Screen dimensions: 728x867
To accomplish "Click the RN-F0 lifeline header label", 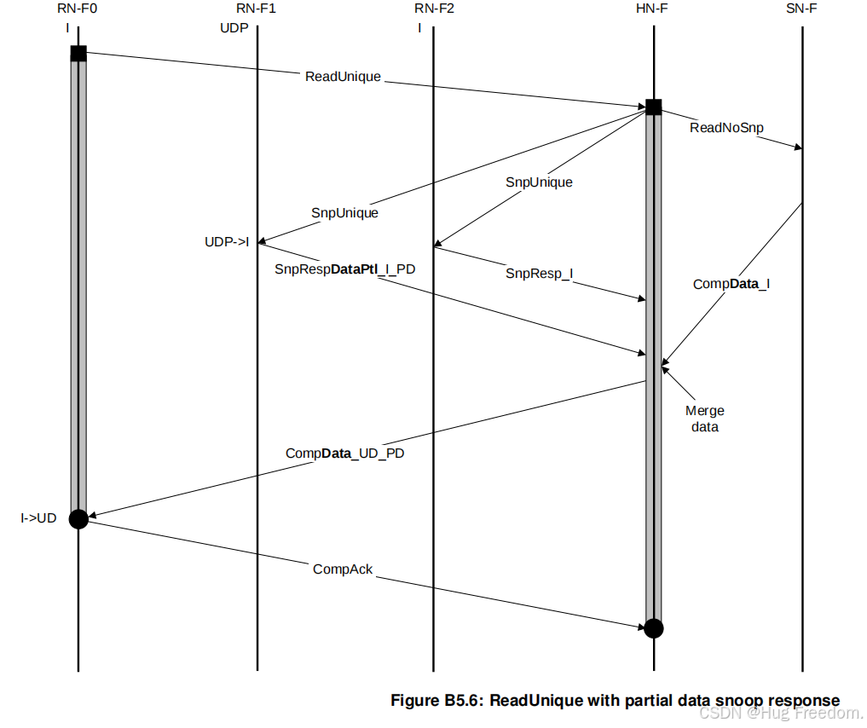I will point(78,10).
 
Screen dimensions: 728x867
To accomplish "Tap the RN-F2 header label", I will point(432,10).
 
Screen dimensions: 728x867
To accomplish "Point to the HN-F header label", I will point(653,10).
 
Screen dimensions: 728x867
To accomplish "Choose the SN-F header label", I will point(802,10).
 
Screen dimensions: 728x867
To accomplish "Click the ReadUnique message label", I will point(343,77).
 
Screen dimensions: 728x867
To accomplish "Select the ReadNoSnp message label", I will point(726,128).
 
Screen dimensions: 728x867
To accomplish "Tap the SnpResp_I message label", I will point(539,273).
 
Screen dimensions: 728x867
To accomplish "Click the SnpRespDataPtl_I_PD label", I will point(344,269).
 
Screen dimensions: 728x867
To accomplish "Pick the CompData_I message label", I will point(731,284).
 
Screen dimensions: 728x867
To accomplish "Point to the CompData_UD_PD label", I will point(344,454).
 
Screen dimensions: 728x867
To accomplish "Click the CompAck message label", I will point(343,569).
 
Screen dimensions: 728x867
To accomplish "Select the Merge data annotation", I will point(705,419).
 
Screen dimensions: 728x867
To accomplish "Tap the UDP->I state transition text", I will point(227,242).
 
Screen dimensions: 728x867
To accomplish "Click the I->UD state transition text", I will point(38,517).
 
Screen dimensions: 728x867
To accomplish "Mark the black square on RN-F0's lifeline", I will point(78,54).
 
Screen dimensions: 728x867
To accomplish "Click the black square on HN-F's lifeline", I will point(653,107).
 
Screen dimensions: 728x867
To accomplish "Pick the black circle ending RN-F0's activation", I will point(78,518).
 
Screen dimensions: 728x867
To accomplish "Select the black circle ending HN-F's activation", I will point(653,628).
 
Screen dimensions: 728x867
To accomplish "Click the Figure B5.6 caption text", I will point(615,701).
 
